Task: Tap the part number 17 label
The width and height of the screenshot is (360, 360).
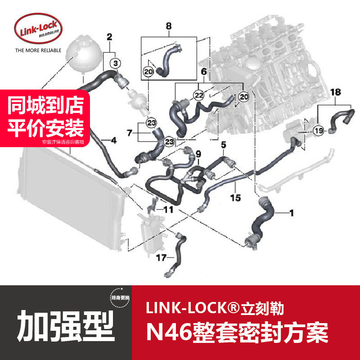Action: pyautogui.click(x=161, y=258)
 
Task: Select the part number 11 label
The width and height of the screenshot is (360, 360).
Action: pyautogui.click(x=168, y=210)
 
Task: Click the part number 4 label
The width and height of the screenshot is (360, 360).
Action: pyautogui.click(x=113, y=141)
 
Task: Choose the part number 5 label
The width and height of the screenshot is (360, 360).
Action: pyautogui.click(x=222, y=145)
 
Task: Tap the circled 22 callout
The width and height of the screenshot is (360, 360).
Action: pyautogui.click(x=198, y=94)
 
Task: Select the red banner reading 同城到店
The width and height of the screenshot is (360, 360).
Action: pyautogui.click(x=47, y=107)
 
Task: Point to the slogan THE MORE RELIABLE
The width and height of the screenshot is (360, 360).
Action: pyautogui.click(x=38, y=51)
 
